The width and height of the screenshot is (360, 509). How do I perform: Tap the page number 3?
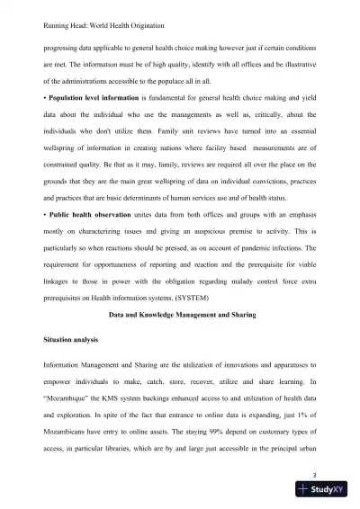pyautogui.click(x=311, y=474)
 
